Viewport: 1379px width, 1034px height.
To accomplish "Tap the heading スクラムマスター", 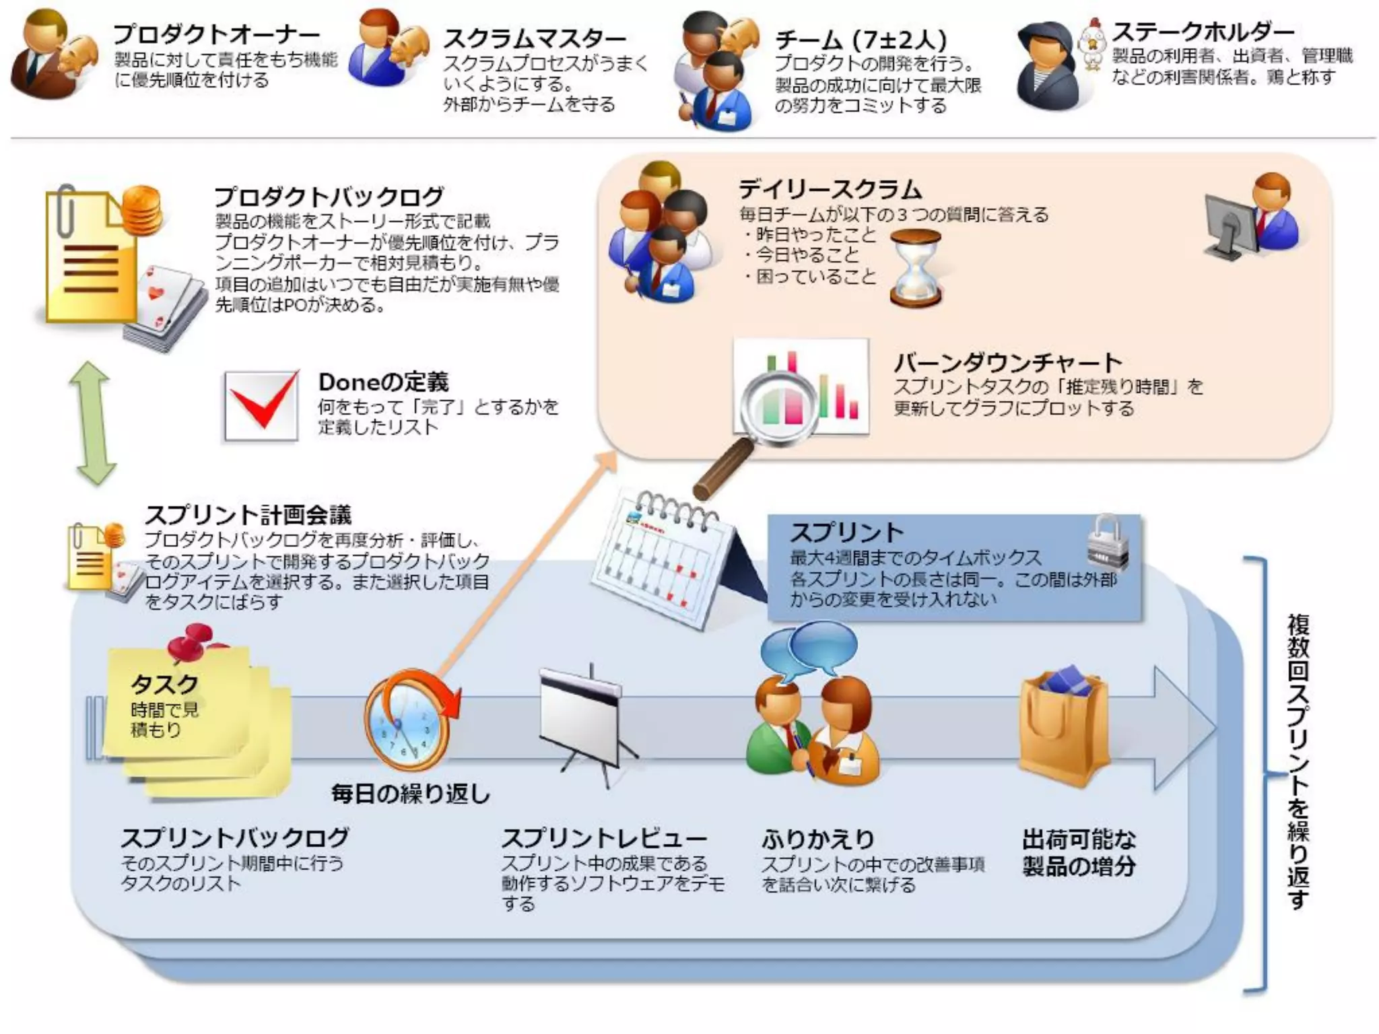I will tap(534, 38).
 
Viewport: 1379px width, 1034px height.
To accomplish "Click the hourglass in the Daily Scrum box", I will tap(915, 268).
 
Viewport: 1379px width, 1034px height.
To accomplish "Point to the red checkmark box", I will tap(261, 406).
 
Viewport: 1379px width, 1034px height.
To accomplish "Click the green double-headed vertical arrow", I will tap(93, 423).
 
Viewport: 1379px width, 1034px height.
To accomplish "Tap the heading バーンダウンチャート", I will tap(1007, 363).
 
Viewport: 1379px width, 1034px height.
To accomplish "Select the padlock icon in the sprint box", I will tap(1107, 542).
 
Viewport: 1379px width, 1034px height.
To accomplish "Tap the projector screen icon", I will tap(586, 720).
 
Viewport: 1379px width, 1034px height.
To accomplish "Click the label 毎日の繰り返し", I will tap(410, 794).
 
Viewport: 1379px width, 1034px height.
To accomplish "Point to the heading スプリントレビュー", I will tap(604, 839).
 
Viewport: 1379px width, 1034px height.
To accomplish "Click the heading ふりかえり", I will tap(817, 839).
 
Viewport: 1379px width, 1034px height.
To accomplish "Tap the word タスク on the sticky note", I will tap(164, 684).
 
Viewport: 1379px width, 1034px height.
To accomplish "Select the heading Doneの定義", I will tap(383, 382).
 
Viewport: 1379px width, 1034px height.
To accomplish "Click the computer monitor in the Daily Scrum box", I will tap(1229, 225).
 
